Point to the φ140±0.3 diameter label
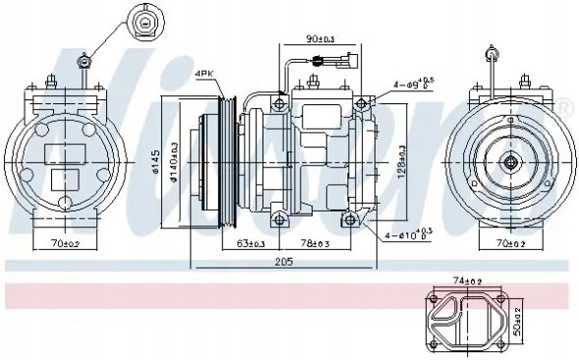click(175, 159)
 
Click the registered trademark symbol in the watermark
click(564, 106)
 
